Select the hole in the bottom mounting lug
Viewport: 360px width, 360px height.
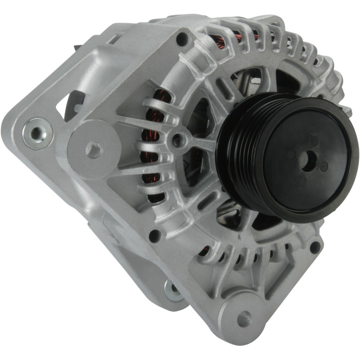tap(243, 319)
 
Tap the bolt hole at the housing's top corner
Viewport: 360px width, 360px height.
tap(182, 39)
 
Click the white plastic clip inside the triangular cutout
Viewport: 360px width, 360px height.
tap(76, 108)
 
